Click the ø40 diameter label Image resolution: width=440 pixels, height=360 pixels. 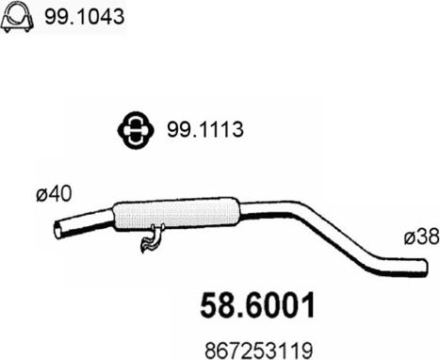point(54,194)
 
